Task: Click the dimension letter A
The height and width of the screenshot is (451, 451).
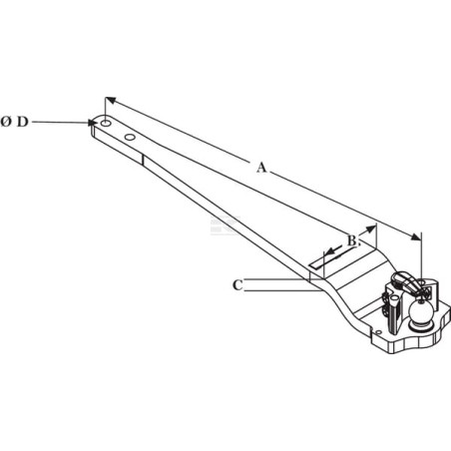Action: coord(262,168)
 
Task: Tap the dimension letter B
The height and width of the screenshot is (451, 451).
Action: coord(352,240)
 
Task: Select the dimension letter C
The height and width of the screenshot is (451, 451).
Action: coord(237,285)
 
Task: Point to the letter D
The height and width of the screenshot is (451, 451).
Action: coord(23,122)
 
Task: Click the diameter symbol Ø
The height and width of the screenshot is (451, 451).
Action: coord(6,122)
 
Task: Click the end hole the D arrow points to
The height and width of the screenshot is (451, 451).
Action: coord(106,123)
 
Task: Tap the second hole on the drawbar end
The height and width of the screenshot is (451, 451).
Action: coord(130,137)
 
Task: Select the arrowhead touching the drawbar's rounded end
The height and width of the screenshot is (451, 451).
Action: coord(93,123)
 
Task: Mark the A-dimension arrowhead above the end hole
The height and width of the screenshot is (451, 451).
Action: coord(111,100)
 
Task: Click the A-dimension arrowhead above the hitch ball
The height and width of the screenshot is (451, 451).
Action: coord(416,236)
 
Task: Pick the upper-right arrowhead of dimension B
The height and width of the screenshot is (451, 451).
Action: coord(370,228)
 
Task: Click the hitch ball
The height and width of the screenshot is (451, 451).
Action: coord(420,311)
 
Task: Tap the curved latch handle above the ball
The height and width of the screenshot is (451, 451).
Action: coord(405,281)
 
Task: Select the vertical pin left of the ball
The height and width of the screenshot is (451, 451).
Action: coord(394,318)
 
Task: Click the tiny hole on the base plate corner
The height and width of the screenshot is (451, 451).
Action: coord(378,332)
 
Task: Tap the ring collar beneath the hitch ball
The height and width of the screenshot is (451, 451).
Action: coord(420,326)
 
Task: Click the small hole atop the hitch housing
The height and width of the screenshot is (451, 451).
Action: coord(423,282)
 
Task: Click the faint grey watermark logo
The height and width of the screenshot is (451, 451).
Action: coord(225,225)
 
